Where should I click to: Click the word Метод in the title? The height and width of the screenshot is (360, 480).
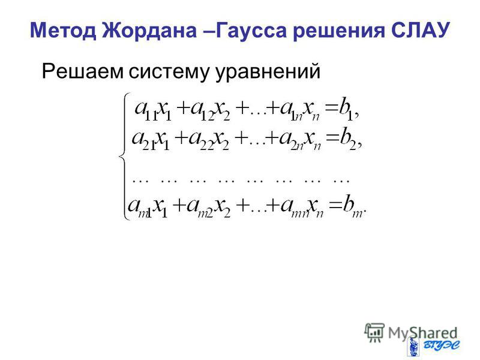pos(62,30)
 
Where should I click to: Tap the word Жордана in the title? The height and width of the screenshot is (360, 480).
pos(149,30)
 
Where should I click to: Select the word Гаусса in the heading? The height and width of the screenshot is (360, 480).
pos(251,30)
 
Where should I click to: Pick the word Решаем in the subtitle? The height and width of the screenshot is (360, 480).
pos(83,72)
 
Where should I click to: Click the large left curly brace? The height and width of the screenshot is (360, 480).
pos(124,156)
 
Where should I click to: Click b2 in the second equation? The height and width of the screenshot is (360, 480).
pos(348,140)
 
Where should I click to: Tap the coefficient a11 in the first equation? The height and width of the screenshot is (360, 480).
pos(146,111)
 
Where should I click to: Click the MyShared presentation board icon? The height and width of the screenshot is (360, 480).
pos(374,332)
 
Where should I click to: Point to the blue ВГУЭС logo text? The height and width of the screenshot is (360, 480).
pos(442,346)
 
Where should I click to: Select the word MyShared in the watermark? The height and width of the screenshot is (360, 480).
pos(422,334)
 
